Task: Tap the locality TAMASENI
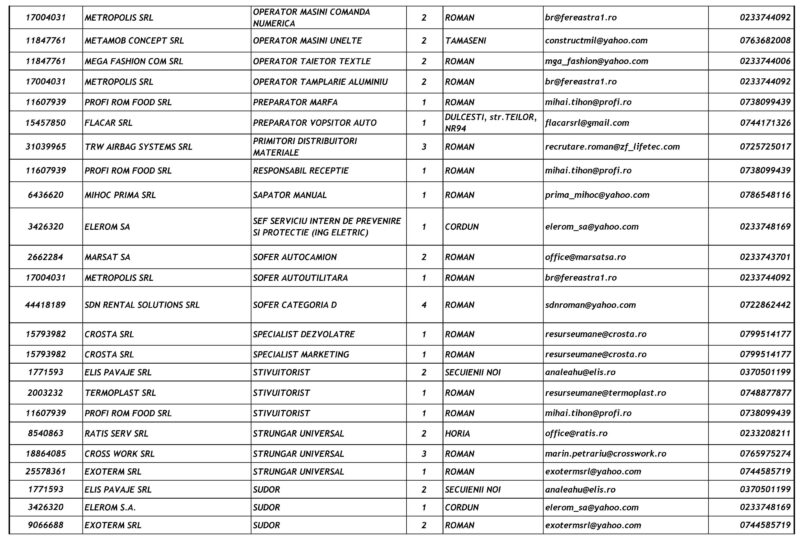[469, 40]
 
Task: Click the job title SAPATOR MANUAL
[292, 195]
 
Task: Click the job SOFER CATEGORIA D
[297, 302]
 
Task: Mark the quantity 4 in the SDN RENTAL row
[425, 302]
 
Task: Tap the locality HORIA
[459, 433]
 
